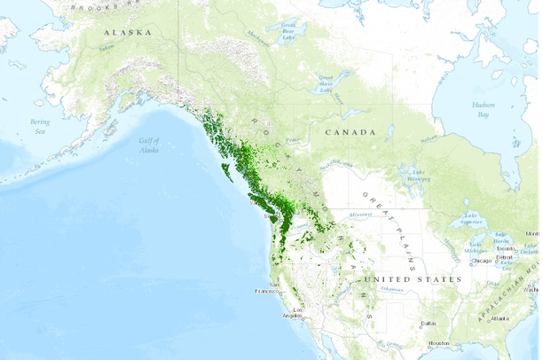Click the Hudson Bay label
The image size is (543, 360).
pyautogui.click(x=482, y=109)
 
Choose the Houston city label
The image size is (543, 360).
pyautogui.click(x=438, y=343)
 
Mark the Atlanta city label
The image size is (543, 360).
pyautogui.click(x=501, y=317)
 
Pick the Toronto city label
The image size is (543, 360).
pyautogui.click(x=506, y=249)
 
